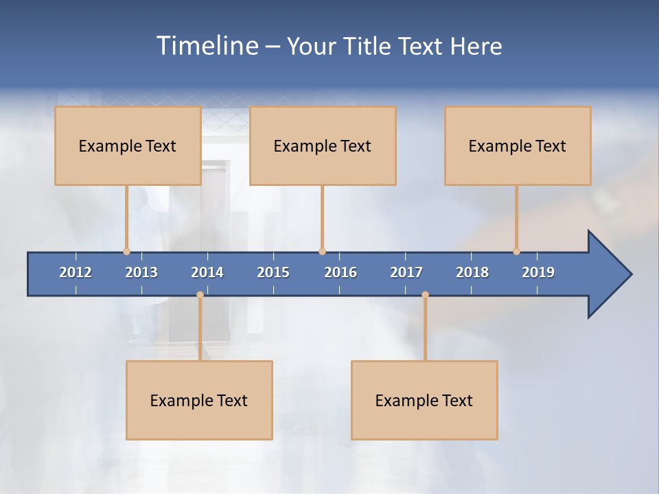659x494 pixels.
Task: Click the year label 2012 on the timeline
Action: coord(76,272)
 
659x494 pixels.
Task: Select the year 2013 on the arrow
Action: coord(141,272)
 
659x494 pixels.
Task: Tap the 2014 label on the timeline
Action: coord(207,272)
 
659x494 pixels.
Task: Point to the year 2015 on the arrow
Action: coord(273,272)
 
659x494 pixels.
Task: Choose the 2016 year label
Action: coord(340,272)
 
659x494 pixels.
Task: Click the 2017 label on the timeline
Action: coord(406,272)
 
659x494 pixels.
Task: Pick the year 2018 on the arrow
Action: coord(472,272)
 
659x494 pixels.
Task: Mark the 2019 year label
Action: coord(538,272)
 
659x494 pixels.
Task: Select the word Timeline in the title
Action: coord(206,46)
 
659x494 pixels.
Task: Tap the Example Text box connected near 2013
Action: coord(128,145)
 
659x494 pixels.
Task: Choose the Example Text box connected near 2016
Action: coord(323,145)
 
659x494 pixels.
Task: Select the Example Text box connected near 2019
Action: coord(518,145)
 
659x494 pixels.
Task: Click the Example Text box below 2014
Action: coord(199,400)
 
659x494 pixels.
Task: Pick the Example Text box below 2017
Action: coord(424,400)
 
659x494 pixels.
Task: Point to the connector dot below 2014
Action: coord(200,295)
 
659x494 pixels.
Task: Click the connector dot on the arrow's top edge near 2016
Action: coord(322,251)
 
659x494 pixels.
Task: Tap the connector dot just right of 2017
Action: coord(425,295)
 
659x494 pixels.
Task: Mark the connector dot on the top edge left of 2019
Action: coord(516,251)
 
